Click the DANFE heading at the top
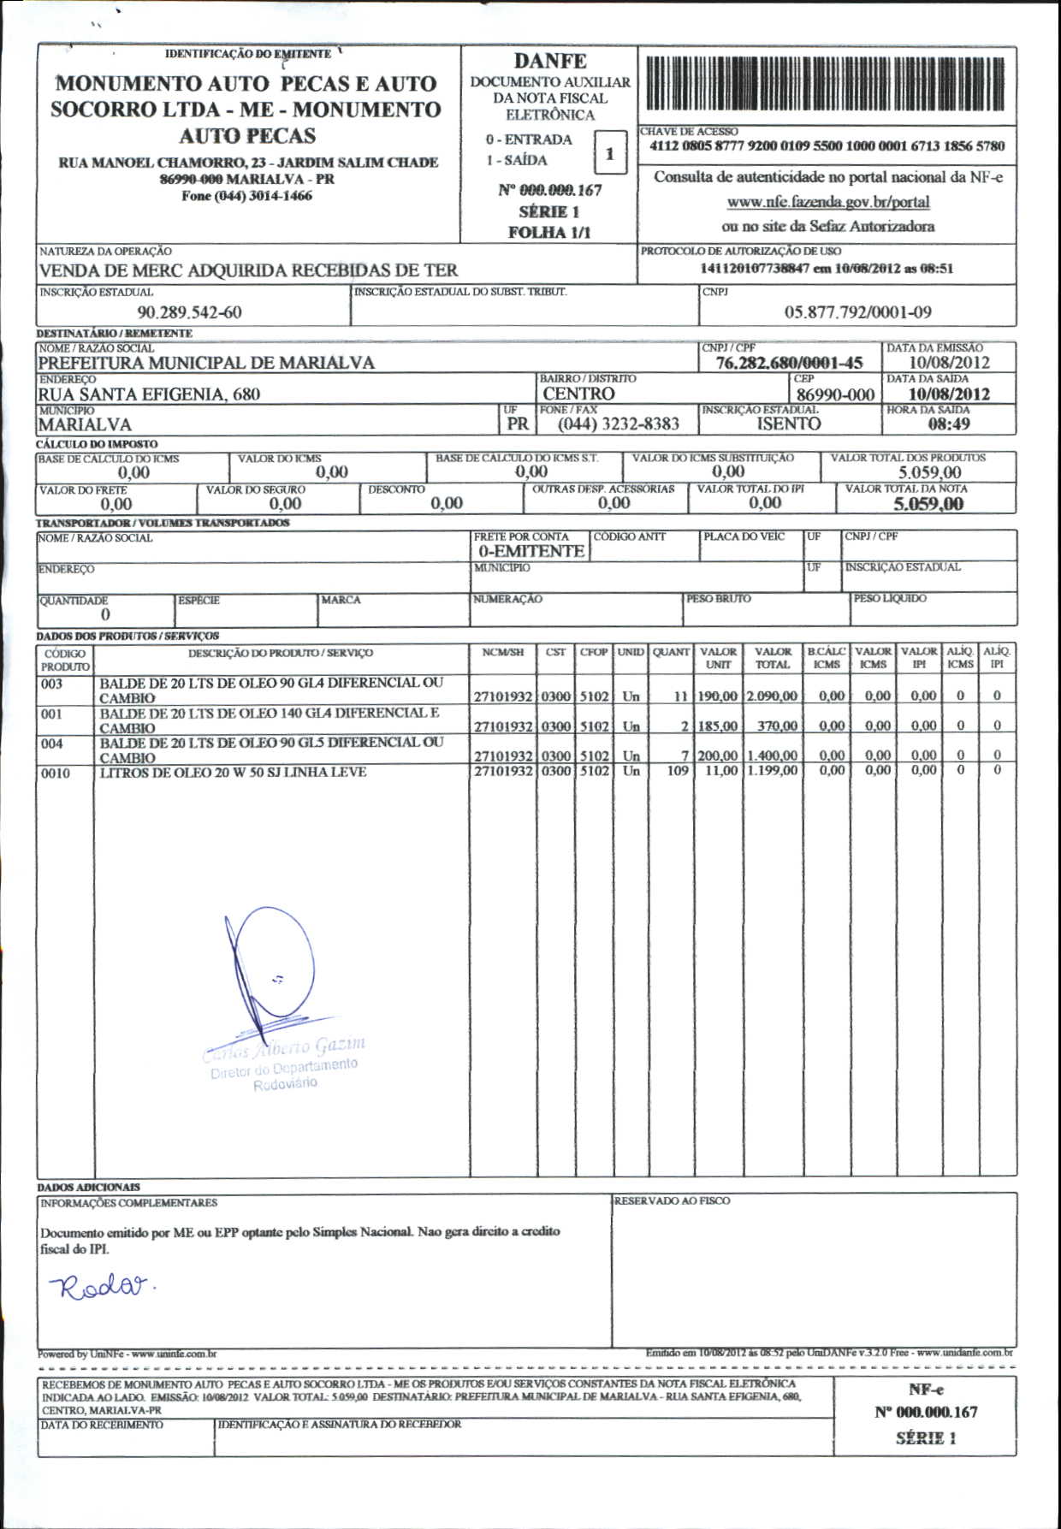(x=550, y=62)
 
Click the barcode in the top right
(x=827, y=84)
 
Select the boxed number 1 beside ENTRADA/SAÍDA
(x=609, y=154)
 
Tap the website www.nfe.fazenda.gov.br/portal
(x=827, y=203)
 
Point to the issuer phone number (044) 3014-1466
(x=247, y=196)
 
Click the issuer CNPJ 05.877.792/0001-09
(x=857, y=312)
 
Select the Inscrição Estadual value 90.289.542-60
(x=189, y=312)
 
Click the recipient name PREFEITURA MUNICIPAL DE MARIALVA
(x=206, y=363)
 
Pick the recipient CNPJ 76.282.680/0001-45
(x=789, y=363)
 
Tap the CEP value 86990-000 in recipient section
(x=835, y=394)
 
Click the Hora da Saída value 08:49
(x=949, y=424)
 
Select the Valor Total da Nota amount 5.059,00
(x=928, y=504)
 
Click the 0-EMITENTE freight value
(x=530, y=551)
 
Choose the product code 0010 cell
(x=56, y=773)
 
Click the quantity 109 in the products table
(x=678, y=771)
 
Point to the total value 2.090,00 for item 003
(x=773, y=696)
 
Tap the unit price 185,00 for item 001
(x=717, y=726)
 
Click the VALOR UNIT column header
(x=718, y=658)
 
